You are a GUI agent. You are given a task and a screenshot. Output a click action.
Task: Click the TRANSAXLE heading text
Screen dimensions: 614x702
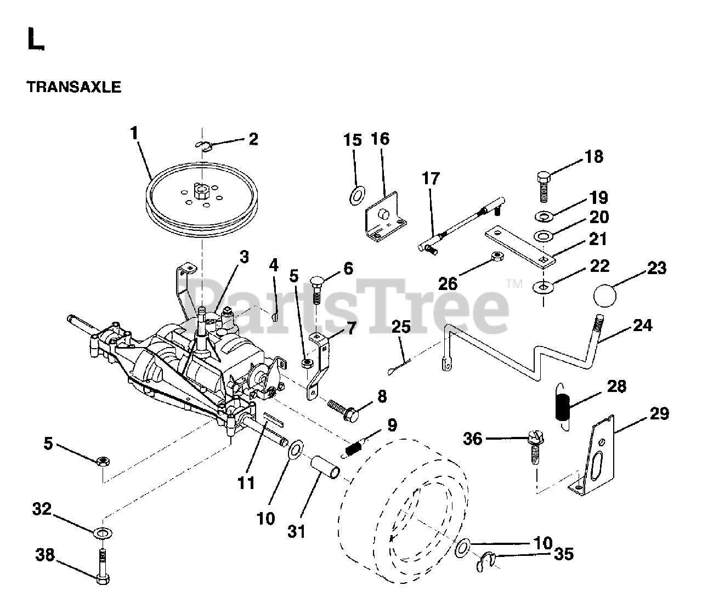[73, 87]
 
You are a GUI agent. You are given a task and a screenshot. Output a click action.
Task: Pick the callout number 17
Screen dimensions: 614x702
[431, 179]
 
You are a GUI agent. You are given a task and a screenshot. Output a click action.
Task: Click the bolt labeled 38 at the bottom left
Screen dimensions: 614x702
[103, 565]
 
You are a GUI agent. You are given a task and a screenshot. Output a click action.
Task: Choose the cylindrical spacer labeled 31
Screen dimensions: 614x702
[325, 468]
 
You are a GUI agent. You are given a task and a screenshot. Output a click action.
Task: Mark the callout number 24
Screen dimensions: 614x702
[642, 325]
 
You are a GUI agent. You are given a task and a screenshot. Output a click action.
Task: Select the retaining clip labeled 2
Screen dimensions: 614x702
[202, 145]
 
